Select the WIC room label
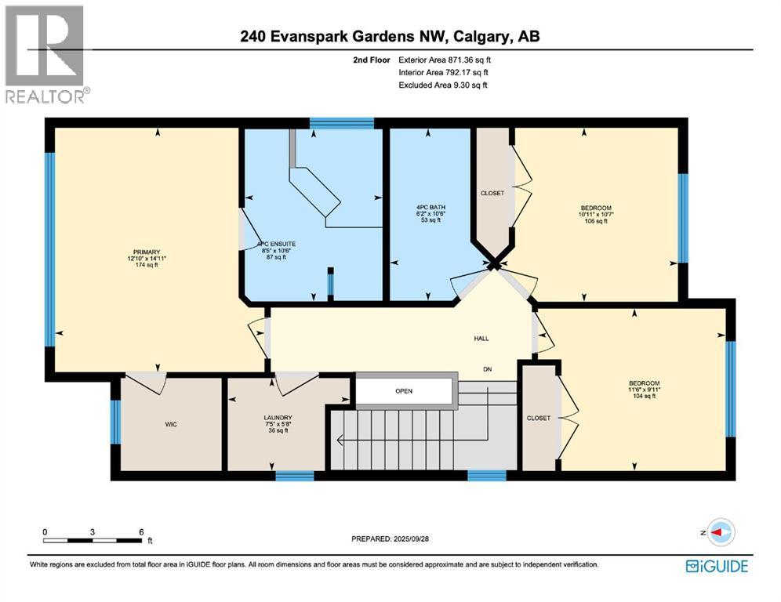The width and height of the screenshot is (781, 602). point(171,424)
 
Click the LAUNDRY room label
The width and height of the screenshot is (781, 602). point(278,418)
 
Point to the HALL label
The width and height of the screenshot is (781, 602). point(481,338)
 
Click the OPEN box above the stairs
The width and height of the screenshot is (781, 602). point(404,390)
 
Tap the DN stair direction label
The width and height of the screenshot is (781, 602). point(487,369)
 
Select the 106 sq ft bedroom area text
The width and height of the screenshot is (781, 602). point(596,221)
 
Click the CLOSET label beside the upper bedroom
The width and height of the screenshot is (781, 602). point(492,193)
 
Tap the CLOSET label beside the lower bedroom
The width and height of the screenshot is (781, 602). point(539,418)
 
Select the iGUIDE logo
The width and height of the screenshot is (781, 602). point(716,566)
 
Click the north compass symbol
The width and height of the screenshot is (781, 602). point(719,532)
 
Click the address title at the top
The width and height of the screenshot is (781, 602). point(391,36)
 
